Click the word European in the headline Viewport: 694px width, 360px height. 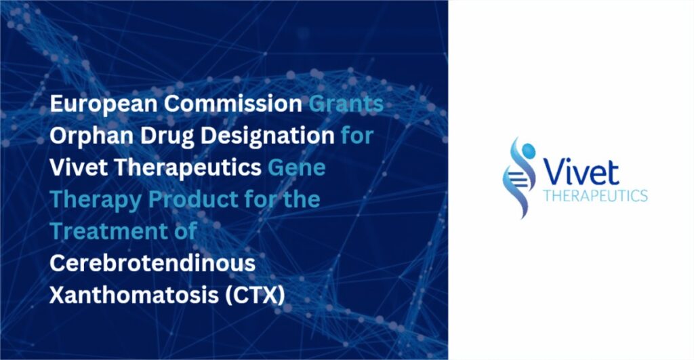pos(104,104)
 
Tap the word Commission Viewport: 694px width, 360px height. pos(233,104)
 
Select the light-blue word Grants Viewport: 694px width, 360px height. pos(346,104)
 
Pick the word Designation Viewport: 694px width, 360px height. pos(267,136)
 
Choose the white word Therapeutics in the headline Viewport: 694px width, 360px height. pos(188,168)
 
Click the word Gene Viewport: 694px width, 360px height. pos(297,167)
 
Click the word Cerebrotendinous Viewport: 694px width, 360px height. pos(152,263)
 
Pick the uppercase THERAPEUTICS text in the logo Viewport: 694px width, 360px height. pos(595,195)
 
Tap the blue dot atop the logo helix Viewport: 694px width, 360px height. pos(528,151)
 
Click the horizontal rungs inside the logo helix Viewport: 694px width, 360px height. pos(515,179)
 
